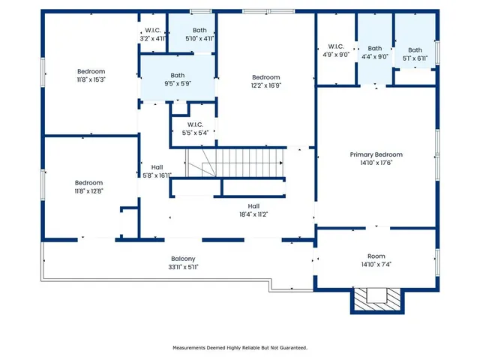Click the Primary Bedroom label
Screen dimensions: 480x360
pos(376,154)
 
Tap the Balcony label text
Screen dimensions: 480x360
pos(183,259)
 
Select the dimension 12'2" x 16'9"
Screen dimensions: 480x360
pos(266,85)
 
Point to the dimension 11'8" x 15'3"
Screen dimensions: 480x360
pos(91,79)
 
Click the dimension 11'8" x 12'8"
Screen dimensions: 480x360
pos(88,191)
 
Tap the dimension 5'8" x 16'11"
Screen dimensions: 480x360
pos(157,175)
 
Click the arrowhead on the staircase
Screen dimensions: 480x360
pos(281,163)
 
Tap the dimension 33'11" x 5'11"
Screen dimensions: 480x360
pos(183,267)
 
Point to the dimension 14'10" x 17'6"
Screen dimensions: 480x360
pos(376,163)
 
